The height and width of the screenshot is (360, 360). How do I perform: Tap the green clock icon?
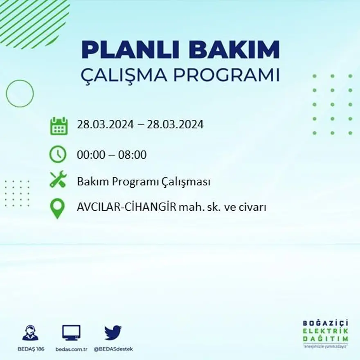coord(58,155)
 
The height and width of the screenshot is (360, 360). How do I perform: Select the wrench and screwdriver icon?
coord(58,179)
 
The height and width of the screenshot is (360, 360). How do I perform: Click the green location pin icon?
coord(57,208)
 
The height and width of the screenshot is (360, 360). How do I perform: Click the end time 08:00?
coord(132,155)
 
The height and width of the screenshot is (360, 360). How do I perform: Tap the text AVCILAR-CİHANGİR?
coord(126,207)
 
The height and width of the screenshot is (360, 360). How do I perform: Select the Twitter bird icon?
coord(113,332)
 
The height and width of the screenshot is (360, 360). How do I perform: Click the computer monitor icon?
coord(71,333)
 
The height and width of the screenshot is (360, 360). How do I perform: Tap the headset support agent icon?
coord(30,333)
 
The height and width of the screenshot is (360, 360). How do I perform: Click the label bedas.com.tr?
coord(71,349)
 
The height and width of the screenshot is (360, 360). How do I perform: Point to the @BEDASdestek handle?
coord(113,349)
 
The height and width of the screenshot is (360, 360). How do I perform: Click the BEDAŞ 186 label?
coord(31,349)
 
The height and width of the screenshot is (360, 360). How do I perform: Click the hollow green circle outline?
coord(20,94)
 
